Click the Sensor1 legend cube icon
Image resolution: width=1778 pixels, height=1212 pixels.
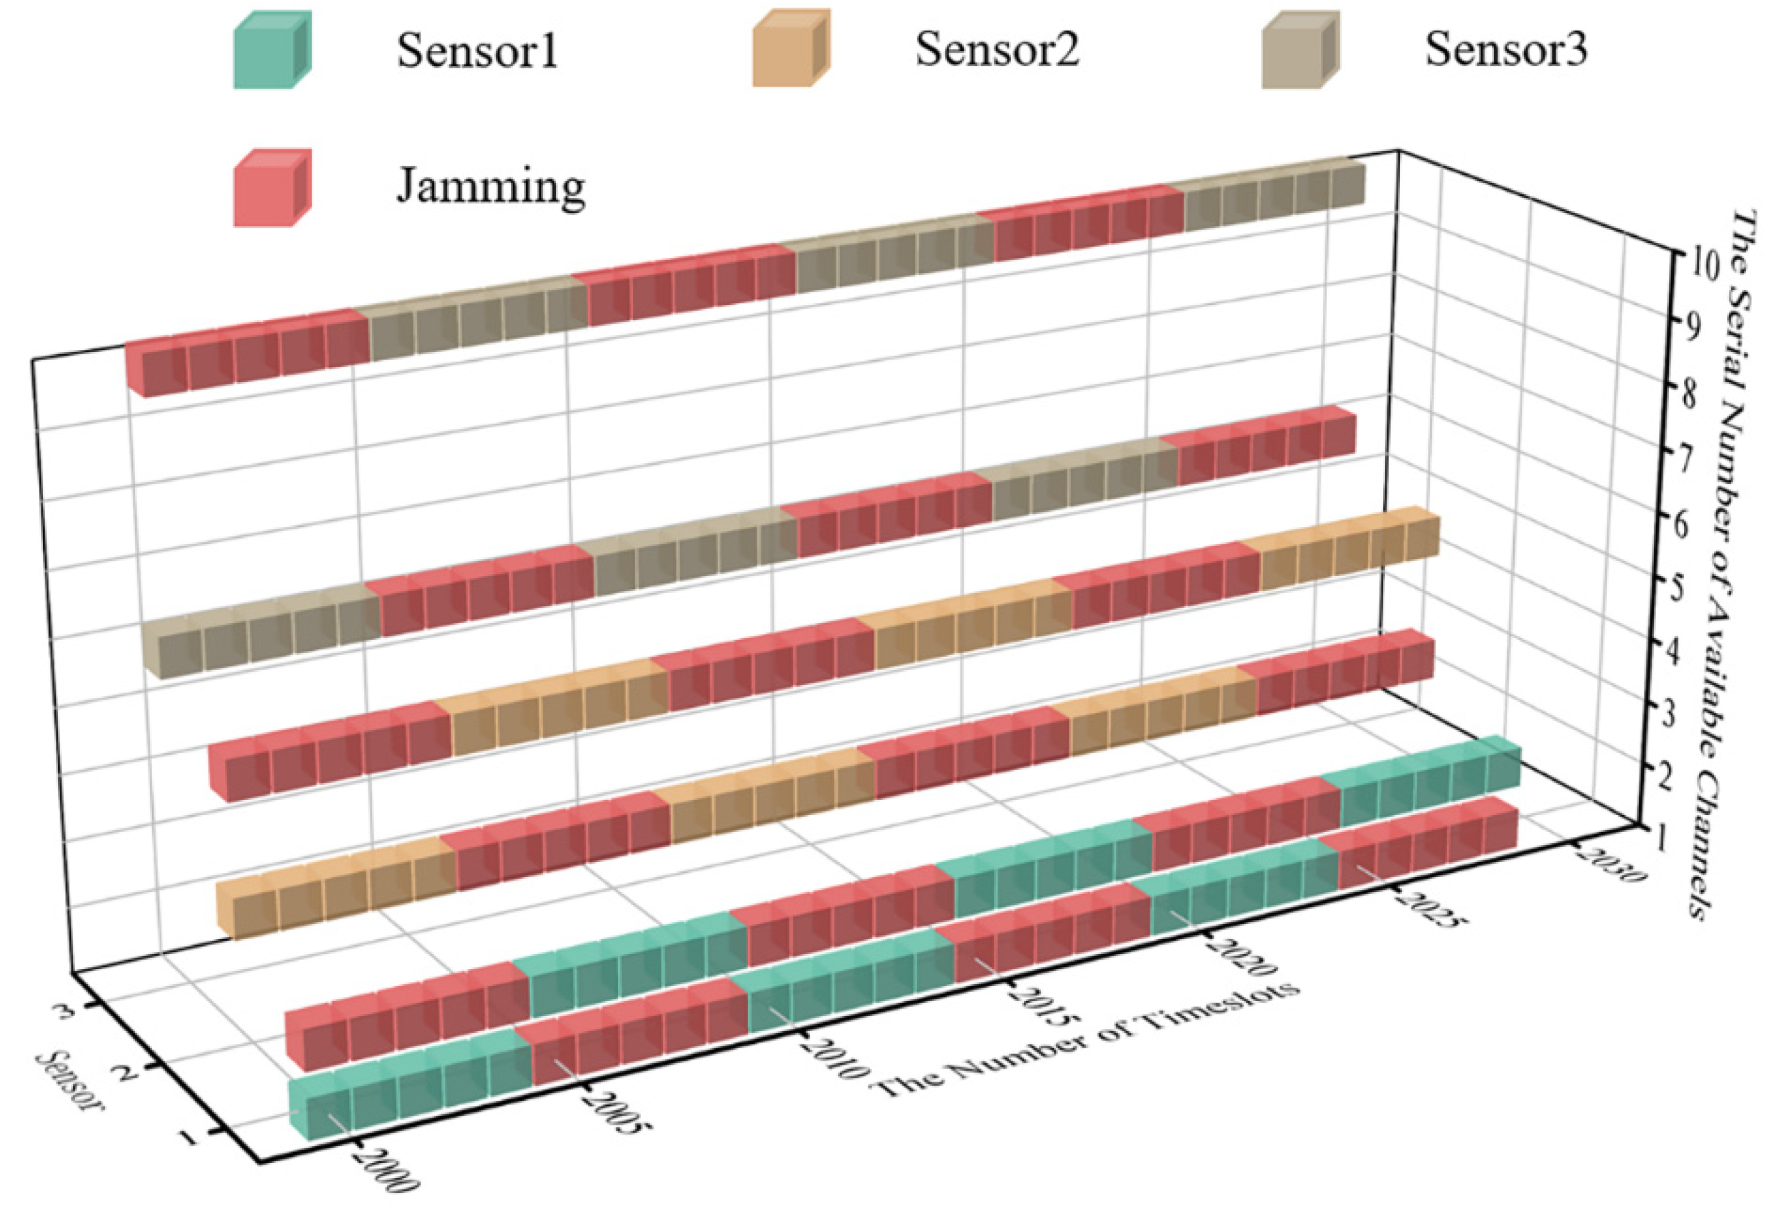pos(272,50)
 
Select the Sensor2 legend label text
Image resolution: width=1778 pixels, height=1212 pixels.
pos(996,50)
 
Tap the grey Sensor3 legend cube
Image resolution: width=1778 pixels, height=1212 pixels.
pos(1299,50)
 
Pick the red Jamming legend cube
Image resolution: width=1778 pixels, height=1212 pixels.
pos(272,188)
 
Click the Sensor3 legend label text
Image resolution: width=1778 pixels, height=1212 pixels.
pos(1505,50)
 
